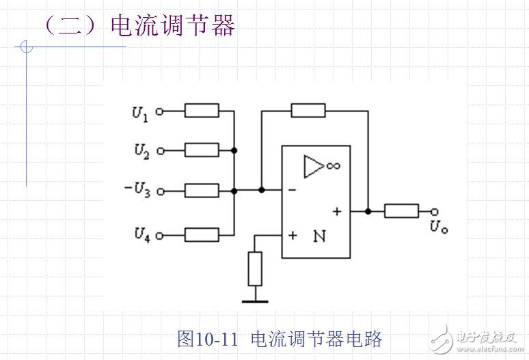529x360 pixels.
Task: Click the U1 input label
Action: point(139,113)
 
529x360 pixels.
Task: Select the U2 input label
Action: point(140,150)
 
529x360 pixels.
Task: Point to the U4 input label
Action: point(140,236)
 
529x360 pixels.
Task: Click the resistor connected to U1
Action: point(202,111)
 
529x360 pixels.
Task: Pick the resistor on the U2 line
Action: point(202,150)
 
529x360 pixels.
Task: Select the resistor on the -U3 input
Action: point(202,191)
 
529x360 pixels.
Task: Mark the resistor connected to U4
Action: point(202,235)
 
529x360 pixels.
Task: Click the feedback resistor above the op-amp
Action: point(308,110)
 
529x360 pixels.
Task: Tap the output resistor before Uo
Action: point(401,211)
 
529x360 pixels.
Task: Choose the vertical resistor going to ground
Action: point(255,268)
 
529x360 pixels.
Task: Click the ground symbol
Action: point(255,299)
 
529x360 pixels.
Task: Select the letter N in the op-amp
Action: point(318,236)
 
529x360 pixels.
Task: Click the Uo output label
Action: point(439,227)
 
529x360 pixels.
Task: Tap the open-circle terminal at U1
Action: point(160,111)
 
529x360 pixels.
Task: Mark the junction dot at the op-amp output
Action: point(368,211)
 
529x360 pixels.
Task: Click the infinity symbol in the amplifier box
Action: point(334,166)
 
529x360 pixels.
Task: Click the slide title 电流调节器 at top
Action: point(172,25)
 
